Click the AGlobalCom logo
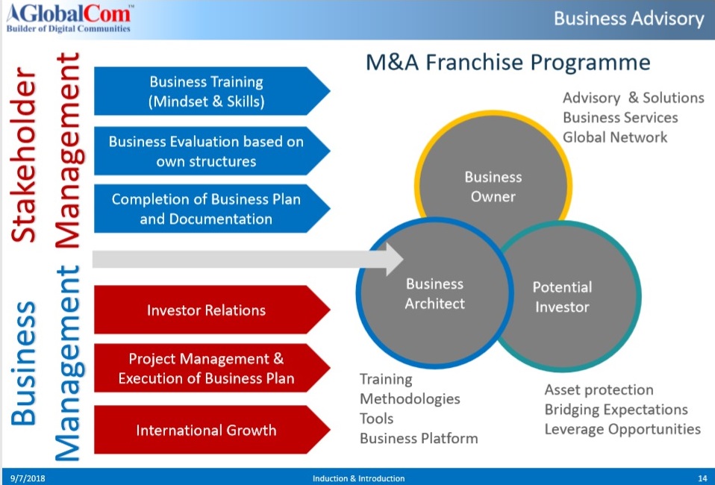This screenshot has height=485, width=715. [x=69, y=18]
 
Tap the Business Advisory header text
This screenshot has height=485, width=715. [x=629, y=19]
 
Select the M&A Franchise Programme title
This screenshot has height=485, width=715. [x=508, y=63]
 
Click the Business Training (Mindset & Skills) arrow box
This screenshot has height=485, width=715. [x=212, y=91]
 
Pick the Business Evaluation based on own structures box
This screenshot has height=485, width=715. [x=212, y=151]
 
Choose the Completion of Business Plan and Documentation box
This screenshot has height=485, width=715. [x=212, y=208]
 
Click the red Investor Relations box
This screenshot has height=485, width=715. [x=212, y=310]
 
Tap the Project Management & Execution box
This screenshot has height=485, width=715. [x=212, y=368]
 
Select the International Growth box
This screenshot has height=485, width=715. [x=212, y=429]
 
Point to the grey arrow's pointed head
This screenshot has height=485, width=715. [x=402, y=259]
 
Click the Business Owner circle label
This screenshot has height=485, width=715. [x=493, y=187]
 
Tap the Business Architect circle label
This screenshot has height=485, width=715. [x=434, y=293]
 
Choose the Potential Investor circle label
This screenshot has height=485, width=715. [x=562, y=297]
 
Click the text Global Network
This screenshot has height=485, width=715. [x=615, y=137]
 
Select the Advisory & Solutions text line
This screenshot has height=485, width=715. [x=634, y=98]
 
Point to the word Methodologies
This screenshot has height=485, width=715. [x=410, y=399]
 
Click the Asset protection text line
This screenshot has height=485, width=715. [x=599, y=389]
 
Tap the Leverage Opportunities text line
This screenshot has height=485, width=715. [x=622, y=429]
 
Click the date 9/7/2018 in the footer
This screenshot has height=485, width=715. [x=28, y=478]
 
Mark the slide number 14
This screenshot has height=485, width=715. [x=702, y=478]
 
